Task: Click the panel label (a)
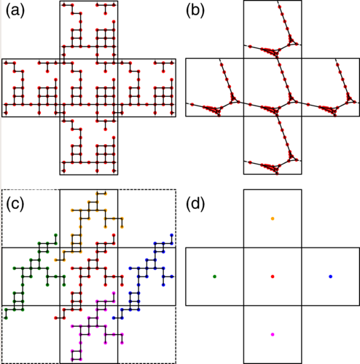(x=15, y=11)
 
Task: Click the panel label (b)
(x=195, y=11)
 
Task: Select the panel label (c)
(x=15, y=205)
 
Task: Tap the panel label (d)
(x=195, y=205)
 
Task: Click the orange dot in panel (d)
(x=273, y=218)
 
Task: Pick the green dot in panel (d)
(x=214, y=277)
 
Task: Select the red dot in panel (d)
(x=273, y=277)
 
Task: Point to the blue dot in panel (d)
(x=330, y=277)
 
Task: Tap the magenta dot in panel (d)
(x=273, y=334)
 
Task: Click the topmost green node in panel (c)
(x=55, y=235)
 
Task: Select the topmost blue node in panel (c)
(x=172, y=235)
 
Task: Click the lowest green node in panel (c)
(x=6, y=318)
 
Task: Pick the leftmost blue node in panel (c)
(x=114, y=318)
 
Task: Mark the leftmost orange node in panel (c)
(x=56, y=260)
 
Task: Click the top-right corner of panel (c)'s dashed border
(x=176, y=190)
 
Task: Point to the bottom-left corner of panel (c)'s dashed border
(x=2, y=363)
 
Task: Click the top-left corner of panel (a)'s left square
(x=2, y=59)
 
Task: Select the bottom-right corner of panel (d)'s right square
(x=359, y=305)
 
